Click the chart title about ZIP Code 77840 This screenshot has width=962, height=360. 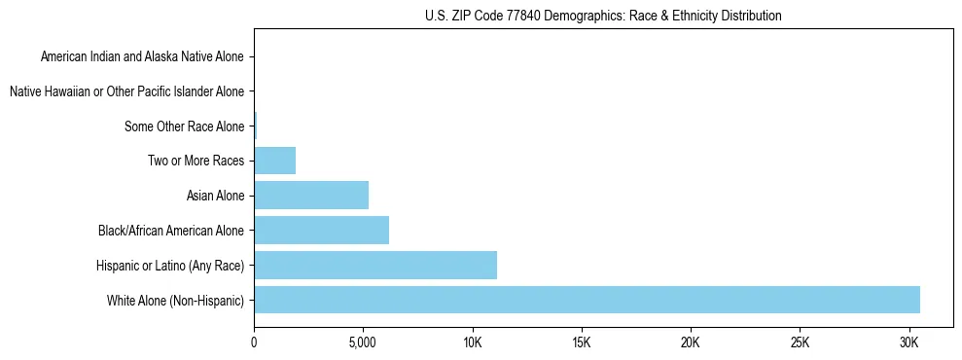click(603, 16)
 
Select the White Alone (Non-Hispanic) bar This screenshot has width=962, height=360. click(587, 300)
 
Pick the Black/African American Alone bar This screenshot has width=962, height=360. click(321, 231)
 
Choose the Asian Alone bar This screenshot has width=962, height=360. click(311, 196)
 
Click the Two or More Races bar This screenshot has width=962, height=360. click(274, 161)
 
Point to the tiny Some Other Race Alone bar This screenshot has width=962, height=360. click(256, 126)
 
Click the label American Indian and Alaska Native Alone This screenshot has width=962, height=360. click(143, 56)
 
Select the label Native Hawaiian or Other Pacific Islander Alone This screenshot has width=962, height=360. click(127, 91)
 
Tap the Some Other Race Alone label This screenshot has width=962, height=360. click(185, 126)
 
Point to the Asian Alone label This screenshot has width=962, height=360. click(216, 196)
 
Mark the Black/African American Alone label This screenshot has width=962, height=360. click(172, 231)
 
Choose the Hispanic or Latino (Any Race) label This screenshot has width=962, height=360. click(170, 265)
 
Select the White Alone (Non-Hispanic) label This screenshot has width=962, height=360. click(176, 300)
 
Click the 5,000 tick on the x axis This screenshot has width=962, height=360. click(363, 343)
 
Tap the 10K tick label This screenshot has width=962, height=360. click(472, 343)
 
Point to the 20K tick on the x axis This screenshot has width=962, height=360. click(691, 343)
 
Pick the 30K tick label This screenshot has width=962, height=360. click(909, 343)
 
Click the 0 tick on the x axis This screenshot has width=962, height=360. click(254, 343)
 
